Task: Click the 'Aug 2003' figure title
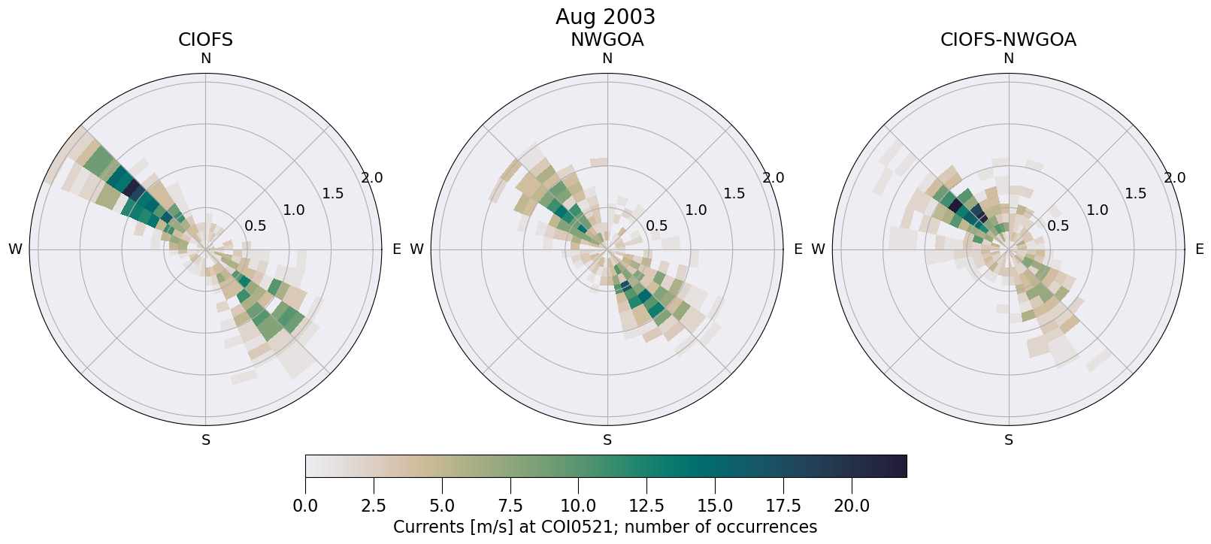[605, 17]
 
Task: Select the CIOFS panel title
[205, 40]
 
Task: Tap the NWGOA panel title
[607, 40]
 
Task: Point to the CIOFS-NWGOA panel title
[1008, 40]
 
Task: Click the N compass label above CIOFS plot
[205, 59]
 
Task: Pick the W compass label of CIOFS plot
[15, 249]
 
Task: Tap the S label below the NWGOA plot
[607, 440]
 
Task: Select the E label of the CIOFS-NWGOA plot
[1200, 249]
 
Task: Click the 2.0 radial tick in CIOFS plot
[371, 178]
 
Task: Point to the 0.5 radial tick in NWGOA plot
[656, 225]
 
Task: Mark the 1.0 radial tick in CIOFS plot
[294, 210]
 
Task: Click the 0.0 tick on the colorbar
[305, 506]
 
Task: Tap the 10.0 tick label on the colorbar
[578, 506]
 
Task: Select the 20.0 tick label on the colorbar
[851, 506]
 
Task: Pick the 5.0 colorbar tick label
[442, 506]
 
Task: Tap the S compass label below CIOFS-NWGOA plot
[1009, 440]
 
